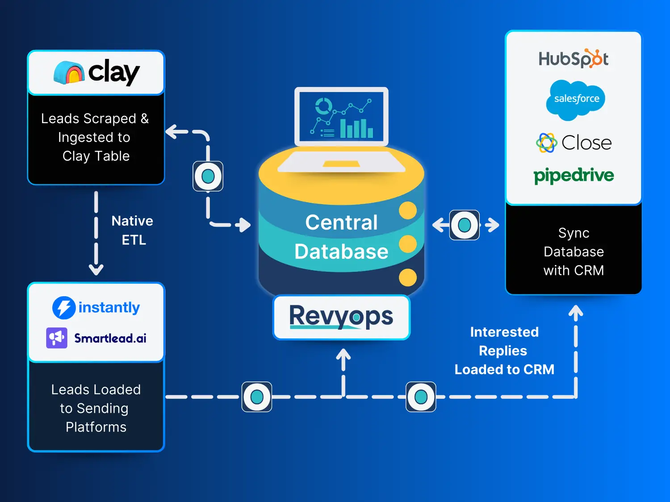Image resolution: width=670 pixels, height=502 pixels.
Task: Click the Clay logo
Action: (96, 72)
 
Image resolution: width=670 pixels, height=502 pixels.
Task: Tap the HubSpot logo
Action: (574, 58)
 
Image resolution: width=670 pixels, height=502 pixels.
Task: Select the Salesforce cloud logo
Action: (576, 100)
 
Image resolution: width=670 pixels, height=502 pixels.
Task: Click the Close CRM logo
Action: (574, 143)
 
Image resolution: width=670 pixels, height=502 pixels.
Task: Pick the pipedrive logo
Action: (574, 175)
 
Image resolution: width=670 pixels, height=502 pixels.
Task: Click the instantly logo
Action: (96, 307)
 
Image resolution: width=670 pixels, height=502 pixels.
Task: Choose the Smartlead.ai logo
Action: (96, 338)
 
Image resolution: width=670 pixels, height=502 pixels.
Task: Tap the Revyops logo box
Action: (341, 317)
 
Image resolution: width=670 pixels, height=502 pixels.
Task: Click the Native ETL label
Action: (133, 230)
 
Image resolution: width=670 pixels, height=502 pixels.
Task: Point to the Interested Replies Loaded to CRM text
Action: (504, 351)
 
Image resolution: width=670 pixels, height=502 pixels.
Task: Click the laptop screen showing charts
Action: (341, 116)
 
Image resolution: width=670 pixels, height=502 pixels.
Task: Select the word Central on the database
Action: (341, 222)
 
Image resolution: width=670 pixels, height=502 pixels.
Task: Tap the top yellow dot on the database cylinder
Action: (408, 210)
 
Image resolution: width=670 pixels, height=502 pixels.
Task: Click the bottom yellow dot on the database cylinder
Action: (408, 277)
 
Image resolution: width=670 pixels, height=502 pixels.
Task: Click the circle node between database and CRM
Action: (465, 225)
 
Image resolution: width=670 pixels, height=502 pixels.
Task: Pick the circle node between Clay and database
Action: (208, 176)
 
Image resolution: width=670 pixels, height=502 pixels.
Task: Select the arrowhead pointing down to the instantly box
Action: (96, 270)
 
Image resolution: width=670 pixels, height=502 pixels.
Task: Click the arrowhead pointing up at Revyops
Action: (343, 355)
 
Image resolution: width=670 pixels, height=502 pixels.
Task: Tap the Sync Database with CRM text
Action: (574, 252)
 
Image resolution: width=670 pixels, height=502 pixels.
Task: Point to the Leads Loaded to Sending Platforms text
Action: (96, 408)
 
